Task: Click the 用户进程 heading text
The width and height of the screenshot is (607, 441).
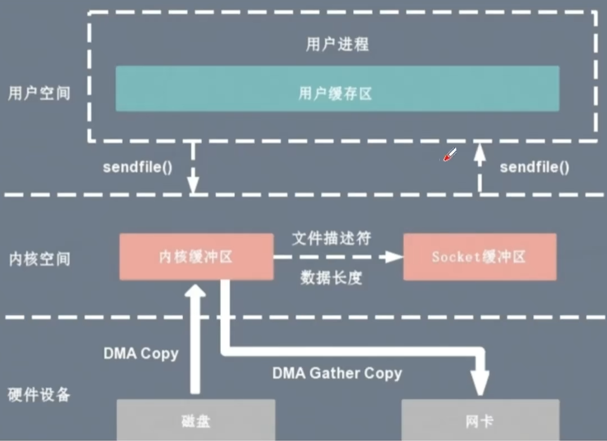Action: pos(337,44)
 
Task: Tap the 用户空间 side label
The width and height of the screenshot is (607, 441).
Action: pos(39,94)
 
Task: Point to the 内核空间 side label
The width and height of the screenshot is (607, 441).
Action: pos(39,259)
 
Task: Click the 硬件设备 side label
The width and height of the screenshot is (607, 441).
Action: pos(39,395)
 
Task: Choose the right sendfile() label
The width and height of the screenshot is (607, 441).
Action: pos(534,168)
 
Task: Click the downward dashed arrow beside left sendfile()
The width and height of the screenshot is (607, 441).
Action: pos(194,168)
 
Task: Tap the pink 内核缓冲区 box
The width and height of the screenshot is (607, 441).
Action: pos(196,257)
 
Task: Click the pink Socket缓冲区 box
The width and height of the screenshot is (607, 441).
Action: pos(479,257)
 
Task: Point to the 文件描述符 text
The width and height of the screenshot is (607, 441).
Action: pos(331,239)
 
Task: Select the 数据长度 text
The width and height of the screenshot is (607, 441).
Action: pos(331,277)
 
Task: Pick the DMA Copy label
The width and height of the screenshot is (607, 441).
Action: pos(141,354)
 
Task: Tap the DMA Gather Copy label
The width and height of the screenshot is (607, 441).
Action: pos(337,373)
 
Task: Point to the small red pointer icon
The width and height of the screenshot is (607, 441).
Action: pos(449,155)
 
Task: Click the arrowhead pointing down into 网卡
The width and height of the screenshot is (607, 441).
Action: pos(480,384)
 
